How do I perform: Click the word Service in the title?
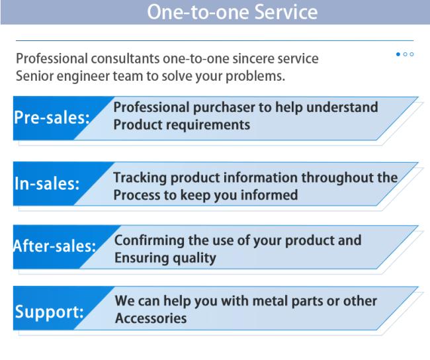pyautogui.click(x=286, y=12)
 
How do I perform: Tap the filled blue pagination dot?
pyautogui.click(x=398, y=54)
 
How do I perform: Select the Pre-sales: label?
pyautogui.click(x=52, y=117)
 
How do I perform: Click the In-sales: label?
pyautogui.click(x=47, y=183)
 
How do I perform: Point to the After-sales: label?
pyautogui.click(x=54, y=246)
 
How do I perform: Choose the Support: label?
pyautogui.click(x=50, y=312)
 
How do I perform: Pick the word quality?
pyautogui.click(x=194, y=259)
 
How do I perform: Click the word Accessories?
pyautogui.click(x=151, y=318)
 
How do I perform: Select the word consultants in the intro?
pyautogui.click(x=125, y=59)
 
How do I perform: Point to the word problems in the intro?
pyautogui.click(x=255, y=77)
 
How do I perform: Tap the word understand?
pyautogui.click(x=342, y=107)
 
